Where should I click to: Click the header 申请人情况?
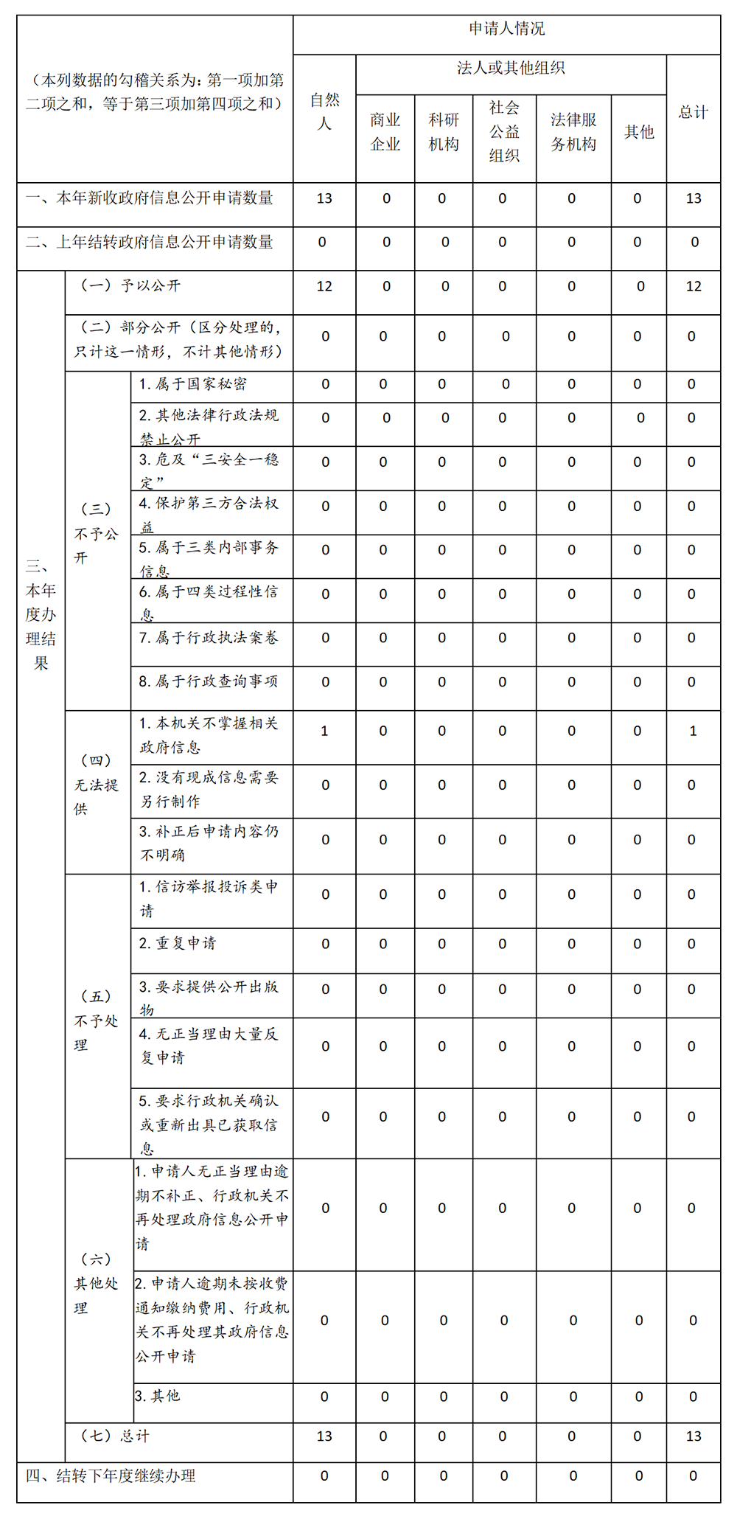pos(507,29)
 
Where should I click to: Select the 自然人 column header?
pos(324,112)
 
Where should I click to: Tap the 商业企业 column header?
pos(385,132)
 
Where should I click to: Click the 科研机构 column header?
pos(444,132)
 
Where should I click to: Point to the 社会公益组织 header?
pos(504,132)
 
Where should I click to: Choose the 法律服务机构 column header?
pos(573,132)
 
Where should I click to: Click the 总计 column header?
pos(693,112)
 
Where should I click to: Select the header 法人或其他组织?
pos(511,69)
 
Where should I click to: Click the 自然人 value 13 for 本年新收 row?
pos(324,198)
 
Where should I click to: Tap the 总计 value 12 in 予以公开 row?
pos(694,286)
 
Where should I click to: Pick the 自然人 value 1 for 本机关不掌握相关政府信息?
pos(324,731)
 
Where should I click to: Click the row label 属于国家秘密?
pos(193,384)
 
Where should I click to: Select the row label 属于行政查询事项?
pos(209,681)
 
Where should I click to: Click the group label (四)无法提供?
pos(97,785)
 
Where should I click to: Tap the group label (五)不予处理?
pos(97,1021)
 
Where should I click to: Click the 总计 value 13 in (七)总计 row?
pos(694,1436)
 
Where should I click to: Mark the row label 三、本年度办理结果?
pos(41,614)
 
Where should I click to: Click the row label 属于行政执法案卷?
pos(209,638)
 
